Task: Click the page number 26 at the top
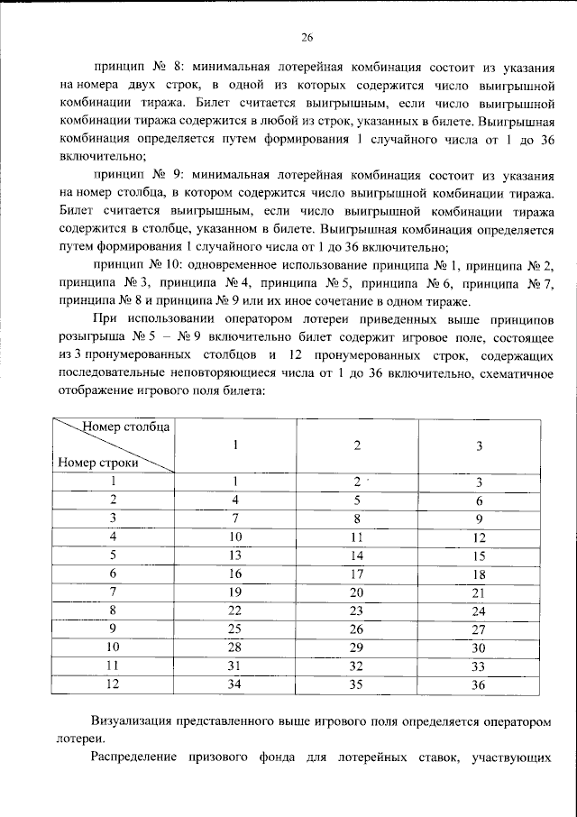click(x=306, y=37)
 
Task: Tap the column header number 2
click(x=357, y=445)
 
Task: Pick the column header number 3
click(x=480, y=445)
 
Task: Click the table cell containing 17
click(x=357, y=574)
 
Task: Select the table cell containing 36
click(x=480, y=684)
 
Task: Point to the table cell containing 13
click(x=235, y=555)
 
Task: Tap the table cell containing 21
click(x=480, y=592)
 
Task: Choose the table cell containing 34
click(x=235, y=684)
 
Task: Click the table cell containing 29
click(x=357, y=647)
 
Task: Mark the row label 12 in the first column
click(x=114, y=684)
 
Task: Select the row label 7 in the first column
click(x=114, y=592)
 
